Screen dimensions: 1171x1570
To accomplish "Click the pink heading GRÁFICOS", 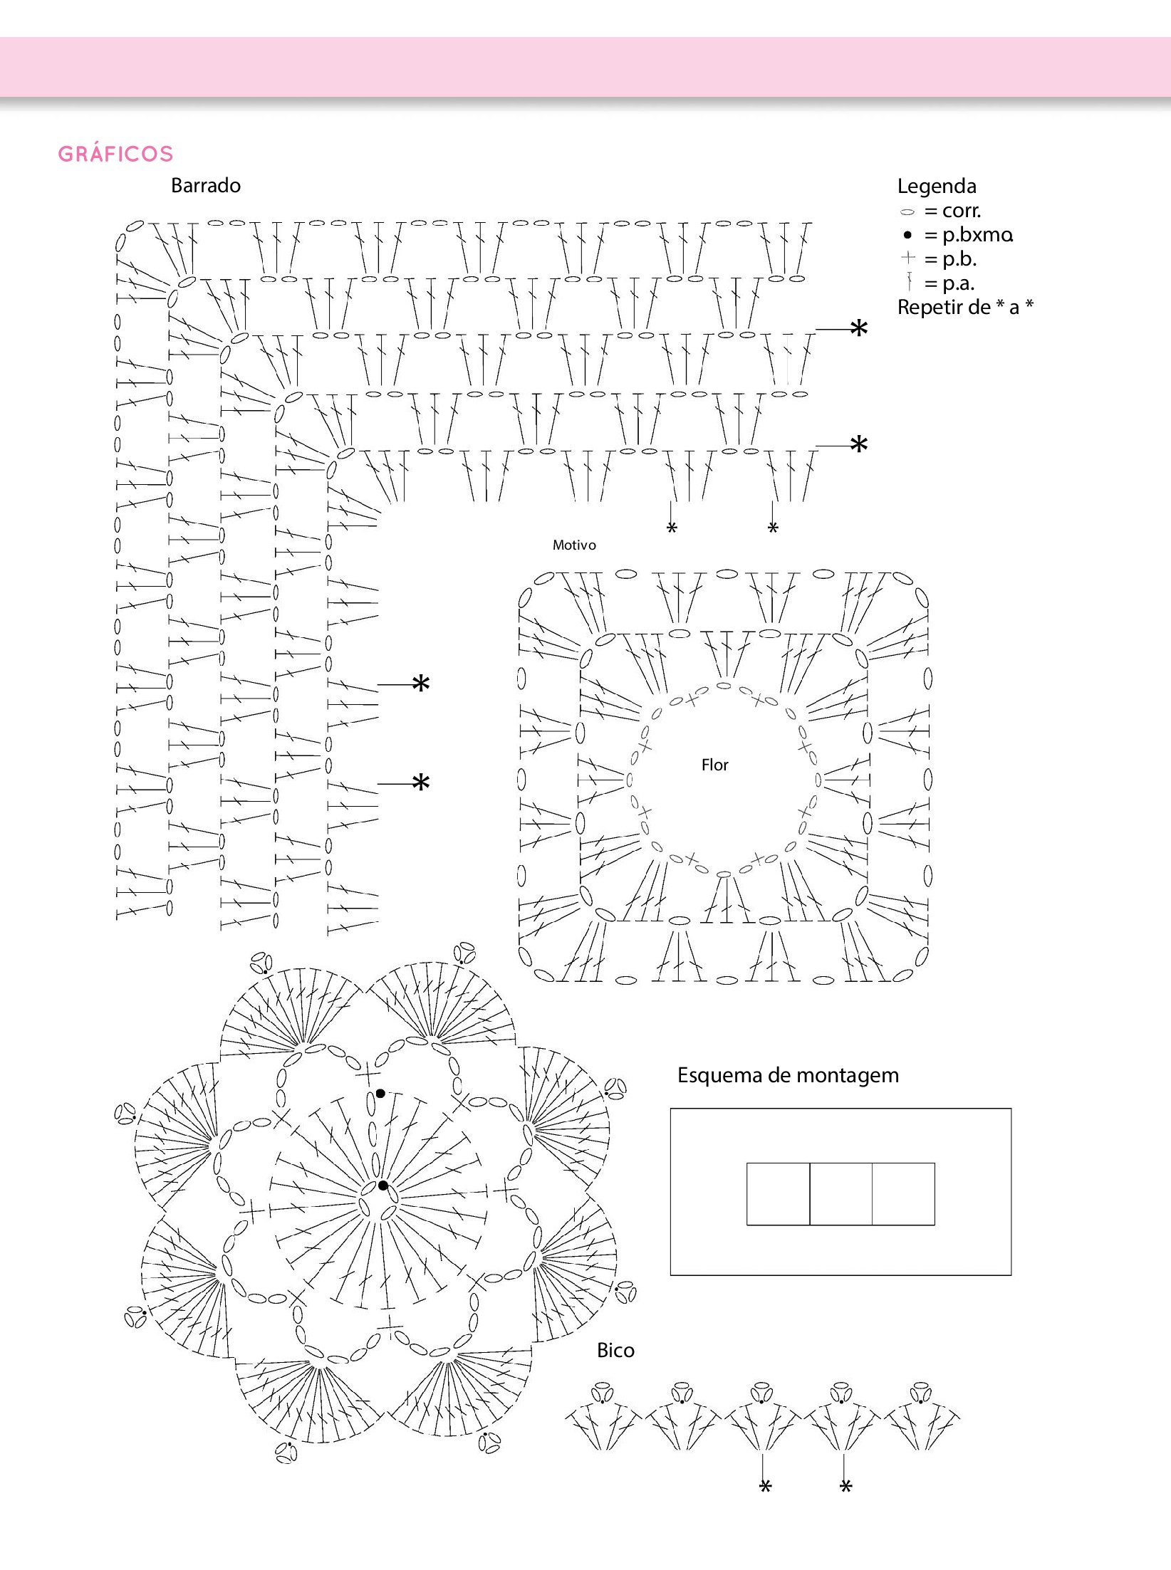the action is [115, 154].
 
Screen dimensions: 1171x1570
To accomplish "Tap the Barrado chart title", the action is [206, 186].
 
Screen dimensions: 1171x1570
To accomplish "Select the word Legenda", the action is [937, 187].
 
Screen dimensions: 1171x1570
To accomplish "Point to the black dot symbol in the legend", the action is [907, 235].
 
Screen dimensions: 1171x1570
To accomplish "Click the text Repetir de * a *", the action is [965, 308].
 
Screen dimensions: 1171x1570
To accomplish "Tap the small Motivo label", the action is [574, 545].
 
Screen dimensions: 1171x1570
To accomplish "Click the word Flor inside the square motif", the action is [714, 765].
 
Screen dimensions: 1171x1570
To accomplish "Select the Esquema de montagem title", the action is [788, 1075].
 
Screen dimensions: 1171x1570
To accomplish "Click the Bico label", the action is [615, 1351].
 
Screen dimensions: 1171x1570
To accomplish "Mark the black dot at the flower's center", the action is [383, 1186].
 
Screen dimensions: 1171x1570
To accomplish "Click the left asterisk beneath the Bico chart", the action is [765, 1486].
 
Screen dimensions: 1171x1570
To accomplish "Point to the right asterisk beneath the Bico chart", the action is [845, 1486].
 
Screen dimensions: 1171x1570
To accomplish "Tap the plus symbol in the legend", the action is [907, 258].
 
